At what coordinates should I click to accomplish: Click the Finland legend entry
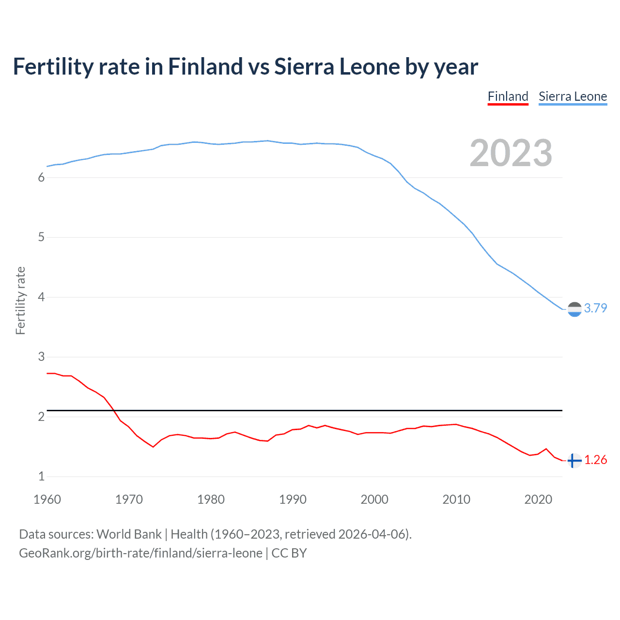tap(508, 96)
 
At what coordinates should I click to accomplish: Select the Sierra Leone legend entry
tap(573, 96)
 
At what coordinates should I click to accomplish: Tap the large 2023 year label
tap(511, 153)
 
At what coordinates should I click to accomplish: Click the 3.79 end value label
tap(595, 308)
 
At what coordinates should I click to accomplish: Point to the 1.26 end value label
tap(595, 460)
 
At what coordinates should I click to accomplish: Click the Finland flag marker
tap(574, 460)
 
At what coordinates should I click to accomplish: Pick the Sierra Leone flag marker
tap(574, 309)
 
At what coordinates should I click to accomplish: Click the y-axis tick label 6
tap(41, 178)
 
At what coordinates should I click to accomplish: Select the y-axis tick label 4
tap(41, 297)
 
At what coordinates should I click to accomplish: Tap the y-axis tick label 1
tap(41, 477)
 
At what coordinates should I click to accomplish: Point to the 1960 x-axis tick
tap(47, 499)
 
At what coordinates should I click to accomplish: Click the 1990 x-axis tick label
tap(293, 499)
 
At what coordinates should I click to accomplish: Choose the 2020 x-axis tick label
tap(538, 499)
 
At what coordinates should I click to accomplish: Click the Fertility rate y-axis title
tap(20, 300)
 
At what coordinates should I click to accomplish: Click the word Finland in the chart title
tap(205, 66)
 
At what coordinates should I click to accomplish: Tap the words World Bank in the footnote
tap(129, 534)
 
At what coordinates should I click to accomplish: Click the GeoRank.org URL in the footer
tap(140, 553)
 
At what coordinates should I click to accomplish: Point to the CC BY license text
tap(289, 553)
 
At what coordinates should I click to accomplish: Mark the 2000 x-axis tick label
tap(374, 499)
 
